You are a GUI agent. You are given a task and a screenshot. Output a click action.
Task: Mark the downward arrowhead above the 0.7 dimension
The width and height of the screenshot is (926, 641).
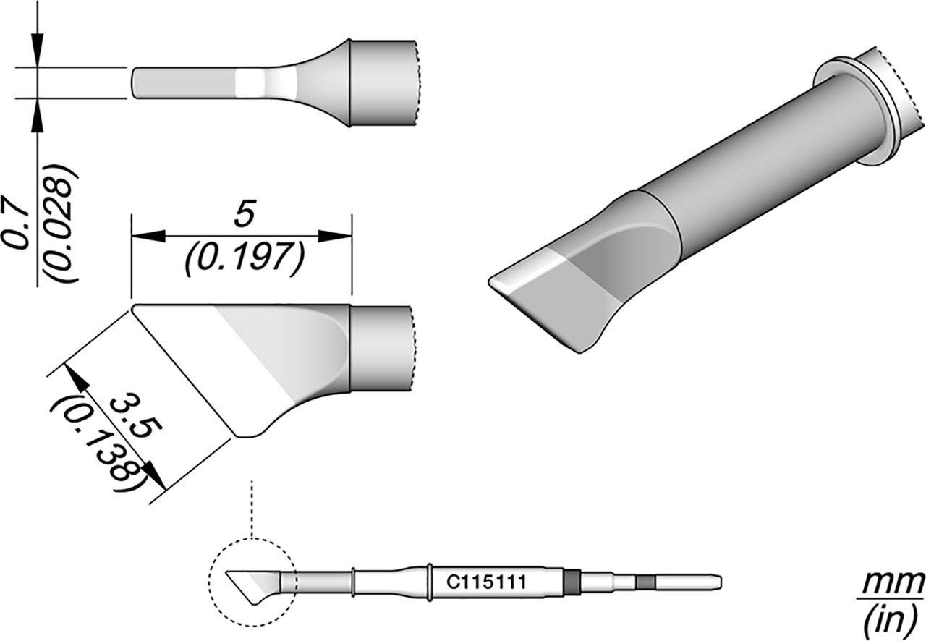point(37,51)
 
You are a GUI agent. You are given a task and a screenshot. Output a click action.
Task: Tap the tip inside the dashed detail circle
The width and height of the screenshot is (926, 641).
point(250,583)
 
